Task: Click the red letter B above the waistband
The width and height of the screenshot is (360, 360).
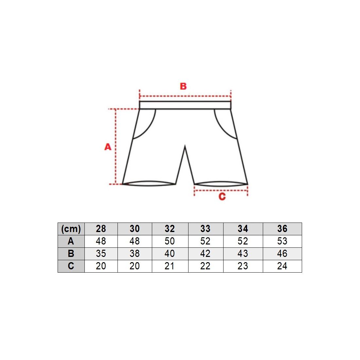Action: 183,86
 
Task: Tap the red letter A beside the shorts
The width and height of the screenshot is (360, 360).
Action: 108,147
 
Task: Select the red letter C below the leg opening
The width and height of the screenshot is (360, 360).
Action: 222,197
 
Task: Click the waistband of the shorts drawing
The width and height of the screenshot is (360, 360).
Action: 185,105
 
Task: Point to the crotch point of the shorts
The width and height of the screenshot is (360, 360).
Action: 185,146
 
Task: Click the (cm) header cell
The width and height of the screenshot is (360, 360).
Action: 71,229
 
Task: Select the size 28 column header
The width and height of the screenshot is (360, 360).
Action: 101,229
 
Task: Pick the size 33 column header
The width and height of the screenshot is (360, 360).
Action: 205,229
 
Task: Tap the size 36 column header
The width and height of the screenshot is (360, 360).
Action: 282,229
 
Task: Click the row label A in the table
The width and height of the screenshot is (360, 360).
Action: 71,241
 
